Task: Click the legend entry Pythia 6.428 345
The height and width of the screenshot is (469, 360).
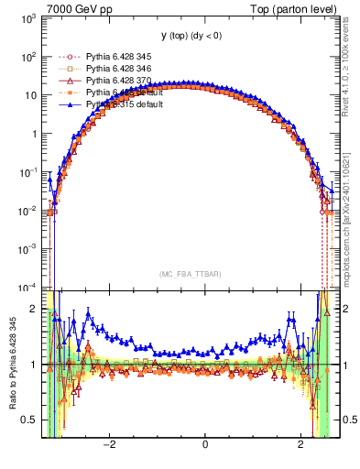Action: [x=123, y=57]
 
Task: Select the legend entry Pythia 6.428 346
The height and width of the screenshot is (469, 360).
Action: [x=123, y=69]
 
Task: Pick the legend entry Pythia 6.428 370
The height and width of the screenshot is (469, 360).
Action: [x=123, y=81]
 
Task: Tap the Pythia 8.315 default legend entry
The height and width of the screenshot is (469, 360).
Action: [x=125, y=104]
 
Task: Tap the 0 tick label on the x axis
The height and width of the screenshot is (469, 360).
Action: [x=204, y=444]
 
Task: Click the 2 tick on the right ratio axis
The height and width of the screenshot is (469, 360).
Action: [x=340, y=309]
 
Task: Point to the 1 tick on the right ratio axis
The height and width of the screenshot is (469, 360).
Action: [x=340, y=365]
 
